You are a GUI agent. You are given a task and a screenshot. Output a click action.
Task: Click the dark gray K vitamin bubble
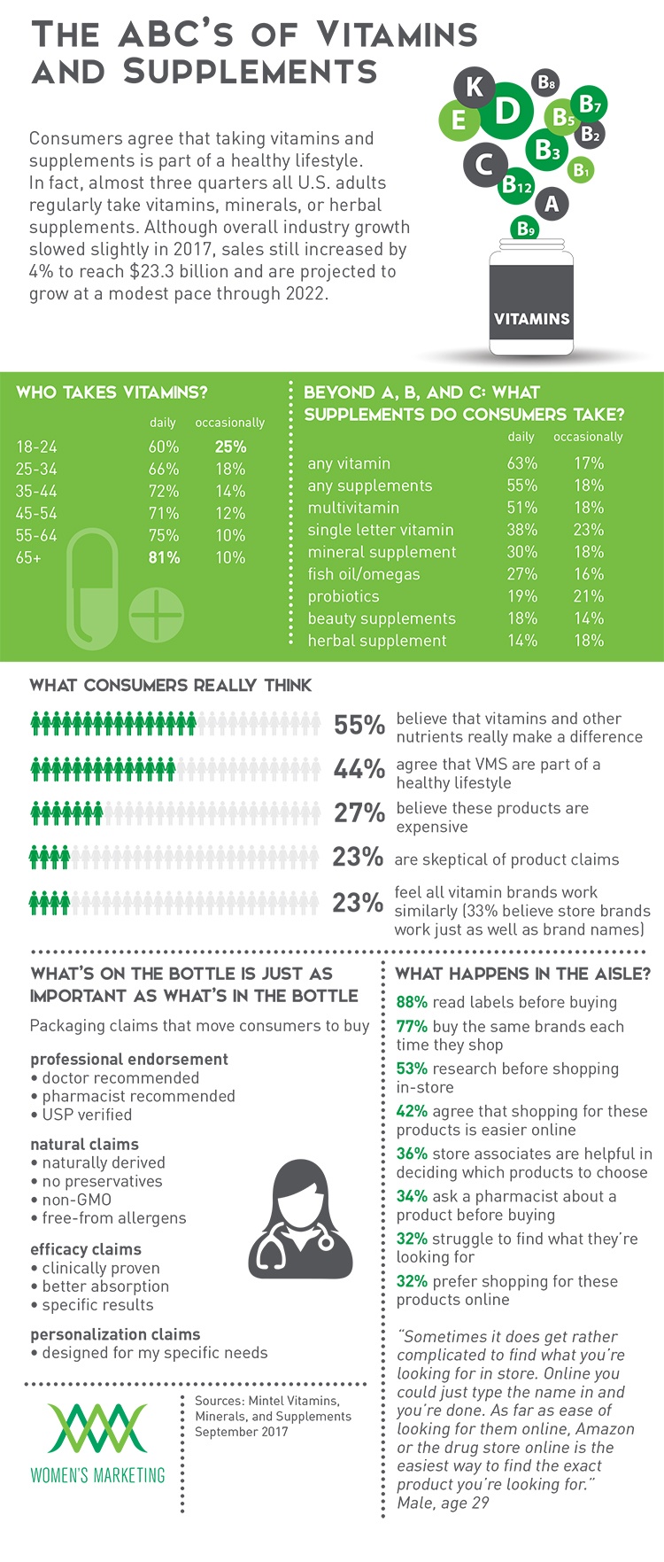point(475,88)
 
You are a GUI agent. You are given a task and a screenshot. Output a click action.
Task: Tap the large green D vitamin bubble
point(506,112)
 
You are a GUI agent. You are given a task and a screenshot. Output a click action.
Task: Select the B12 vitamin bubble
point(516,186)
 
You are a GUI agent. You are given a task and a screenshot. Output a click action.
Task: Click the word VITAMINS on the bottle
point(531,319)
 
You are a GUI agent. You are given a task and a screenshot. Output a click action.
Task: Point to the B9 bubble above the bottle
point(526,229)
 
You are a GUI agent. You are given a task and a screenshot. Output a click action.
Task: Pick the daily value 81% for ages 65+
point(164,557)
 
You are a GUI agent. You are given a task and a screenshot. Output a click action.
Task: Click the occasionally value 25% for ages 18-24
point(230,447)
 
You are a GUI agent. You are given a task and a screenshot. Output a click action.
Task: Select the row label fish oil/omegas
point(364,574)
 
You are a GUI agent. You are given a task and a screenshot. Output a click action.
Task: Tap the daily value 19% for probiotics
point(522,596)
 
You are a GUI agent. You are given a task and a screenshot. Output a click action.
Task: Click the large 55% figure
point(359,726)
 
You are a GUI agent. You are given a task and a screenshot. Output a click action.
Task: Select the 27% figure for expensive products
point(359,812)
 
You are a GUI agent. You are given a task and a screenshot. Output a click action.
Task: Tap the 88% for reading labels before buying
point(412,1002)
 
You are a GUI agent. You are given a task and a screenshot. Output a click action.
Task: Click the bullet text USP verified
point(87,1115)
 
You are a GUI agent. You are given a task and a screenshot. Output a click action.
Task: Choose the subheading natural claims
point(84,1144)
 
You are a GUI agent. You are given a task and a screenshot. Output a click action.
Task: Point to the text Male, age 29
point(443,1503)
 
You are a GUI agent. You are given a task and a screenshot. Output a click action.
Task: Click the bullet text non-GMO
point(77,1200)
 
